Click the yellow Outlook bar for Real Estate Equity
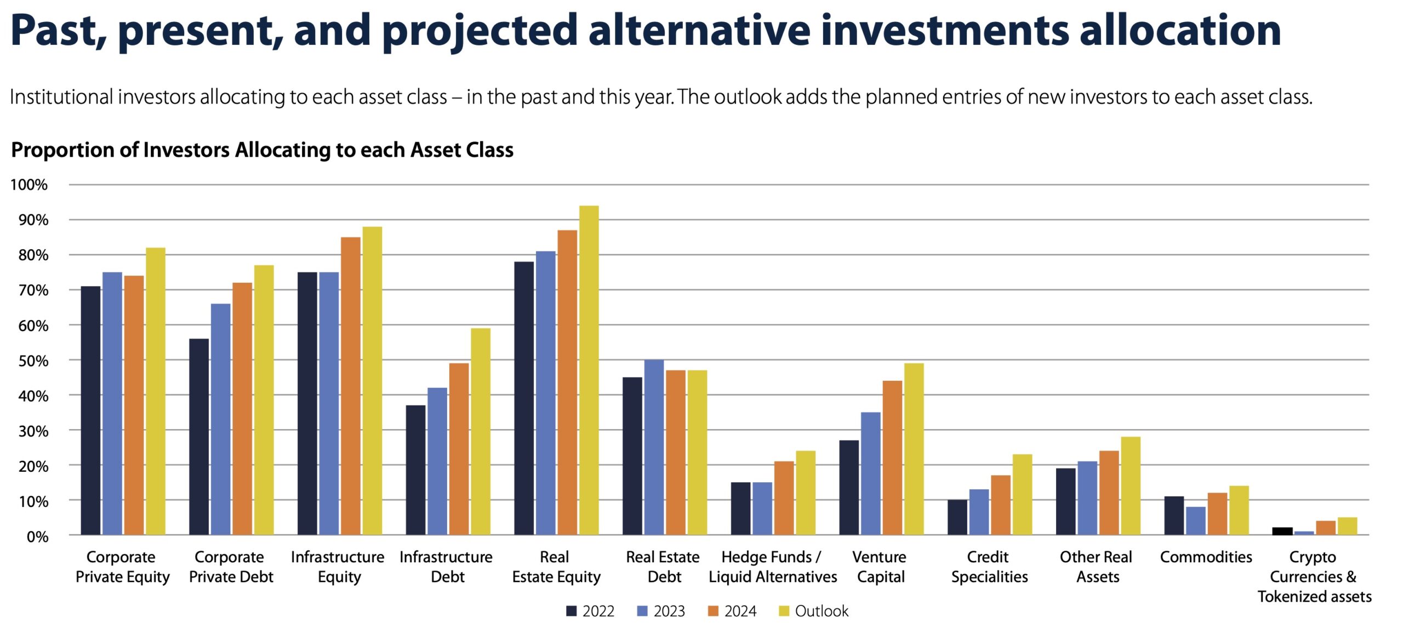pyautogui.click(x=589, y=370)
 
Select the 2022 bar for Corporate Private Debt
pyautogui.click(x=199, y=437)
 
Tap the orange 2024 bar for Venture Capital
pyautogui.click(x=892, y=458)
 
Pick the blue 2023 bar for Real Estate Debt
pyautogui.click(x=654, y=447)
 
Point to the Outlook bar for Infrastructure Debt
pyautogui.click(x=481, y=431)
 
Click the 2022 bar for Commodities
pyautogui.click(x=1174, y=516)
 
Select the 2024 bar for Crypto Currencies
pyautogui.click(x=1326, y=528)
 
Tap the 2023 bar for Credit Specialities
pyautogui.click(x=979, y=512)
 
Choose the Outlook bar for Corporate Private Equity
pyautogui.click(x=156, y=391)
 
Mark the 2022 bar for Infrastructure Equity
pyautogui.click(x=307, y=403)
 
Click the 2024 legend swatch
pyautogui.click(x=713, y=611)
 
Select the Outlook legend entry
pyautogui.click(x=813, y=611)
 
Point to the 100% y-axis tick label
pyautogui.click(x=29, y=185)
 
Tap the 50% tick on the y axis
pyautogui.click(x=33, y=361)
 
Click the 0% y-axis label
pyautogui.click(x=37, y=536)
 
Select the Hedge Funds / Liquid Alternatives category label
pyautogui.click(x=773, y=567)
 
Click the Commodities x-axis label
pyautogui.click(x=1206, y=557)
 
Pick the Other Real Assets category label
pyautogui.click(x=1096, y=567)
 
